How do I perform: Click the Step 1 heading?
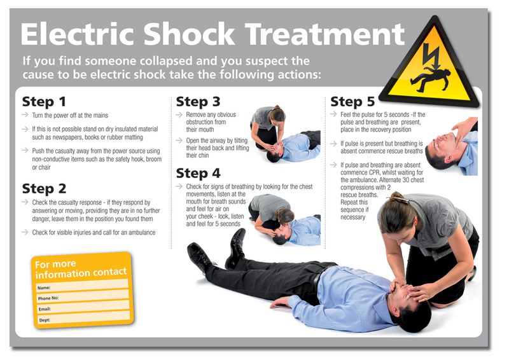(x=45, y=102)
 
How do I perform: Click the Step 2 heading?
(x=45, y=188)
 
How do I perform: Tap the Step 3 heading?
(x=199, y=102)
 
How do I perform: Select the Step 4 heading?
(x=199, y=173)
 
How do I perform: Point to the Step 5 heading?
(x=352, y=102)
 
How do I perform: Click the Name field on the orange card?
(x=83, y=287)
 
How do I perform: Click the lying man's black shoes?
(x=216, y=251)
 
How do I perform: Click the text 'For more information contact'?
(x=81, y=268)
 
